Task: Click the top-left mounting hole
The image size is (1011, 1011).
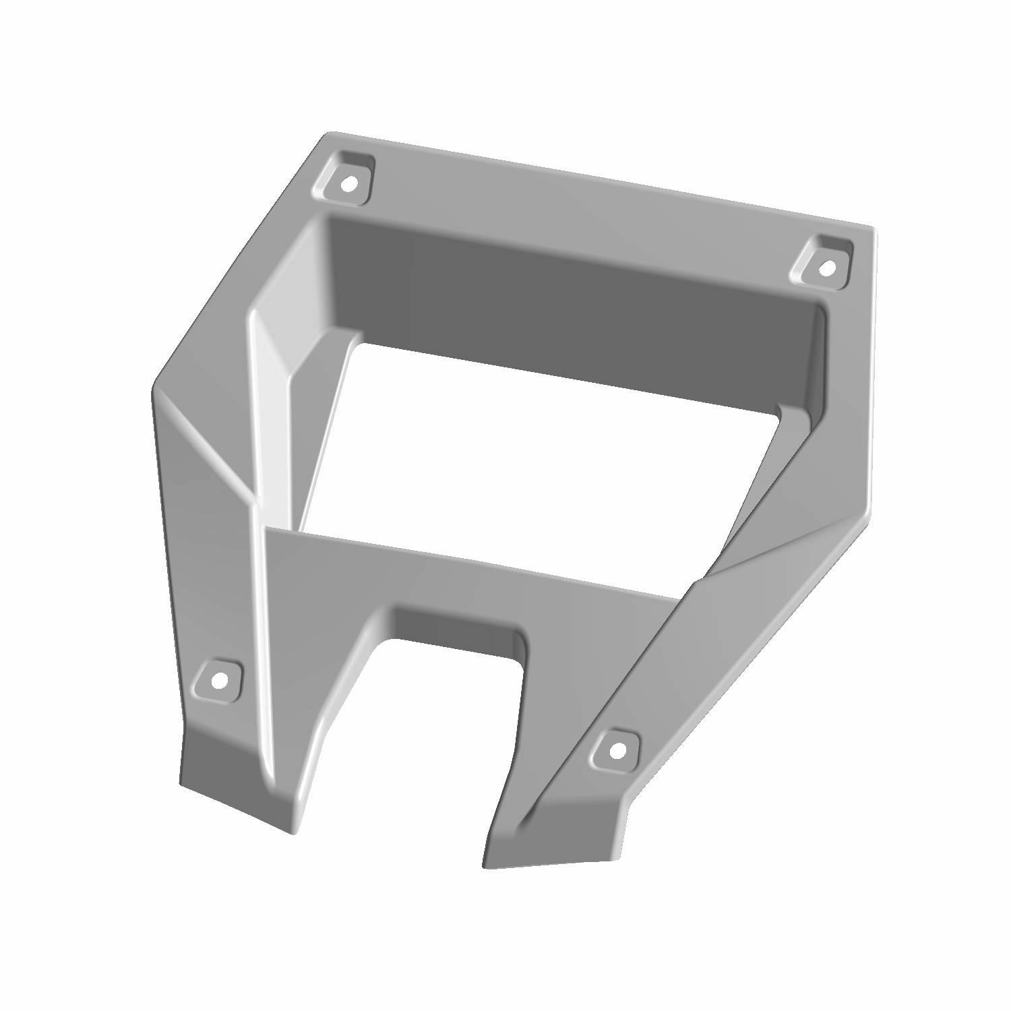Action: (x=348, y=181)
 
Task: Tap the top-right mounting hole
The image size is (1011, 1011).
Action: (x=827, y=268)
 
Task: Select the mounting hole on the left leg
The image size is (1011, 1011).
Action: (x=218, y=680)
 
